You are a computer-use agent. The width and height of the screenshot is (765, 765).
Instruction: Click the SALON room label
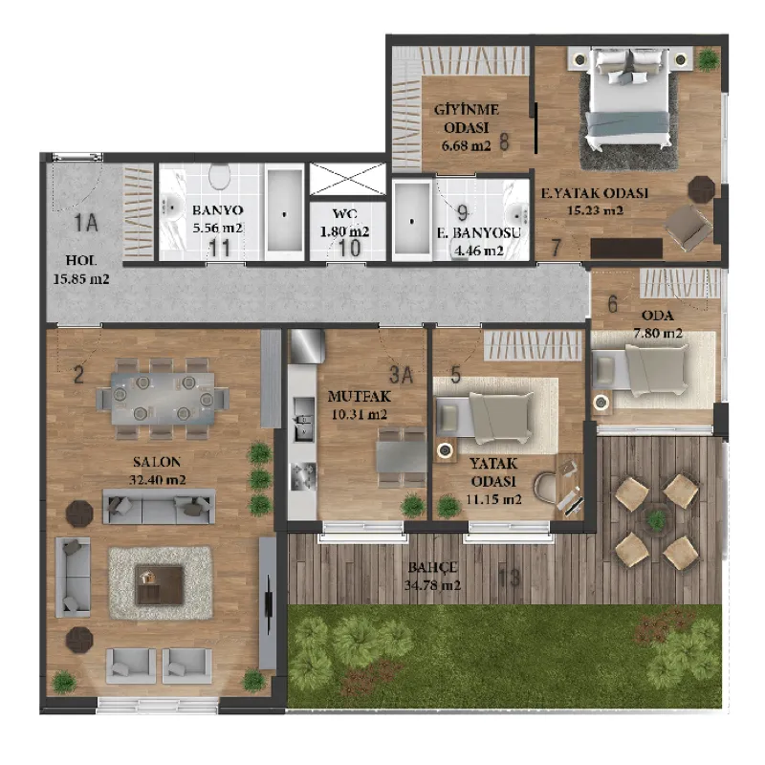(157, 462)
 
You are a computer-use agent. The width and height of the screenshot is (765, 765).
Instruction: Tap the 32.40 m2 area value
(157, 480)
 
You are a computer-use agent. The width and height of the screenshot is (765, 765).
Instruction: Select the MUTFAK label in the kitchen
(360, 396)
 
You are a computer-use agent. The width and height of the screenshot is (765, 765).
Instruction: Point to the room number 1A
(86, 224)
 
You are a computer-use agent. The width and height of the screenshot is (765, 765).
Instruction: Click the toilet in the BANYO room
(219, 176)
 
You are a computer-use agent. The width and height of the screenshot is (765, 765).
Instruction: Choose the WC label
(345, 213)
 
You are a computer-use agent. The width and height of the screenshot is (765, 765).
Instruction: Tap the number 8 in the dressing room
(504, 142)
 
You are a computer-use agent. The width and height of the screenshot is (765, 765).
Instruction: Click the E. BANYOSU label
(479, 233)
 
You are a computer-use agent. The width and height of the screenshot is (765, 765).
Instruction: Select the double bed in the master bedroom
(629, 99)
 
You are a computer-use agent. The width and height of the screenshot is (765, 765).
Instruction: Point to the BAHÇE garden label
(433, 567)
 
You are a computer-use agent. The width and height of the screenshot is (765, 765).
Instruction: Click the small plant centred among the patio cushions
(656, 518)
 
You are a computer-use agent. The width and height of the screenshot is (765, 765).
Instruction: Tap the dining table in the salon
(163, 399)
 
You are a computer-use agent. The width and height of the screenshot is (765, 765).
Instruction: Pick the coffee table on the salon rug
(159, 584)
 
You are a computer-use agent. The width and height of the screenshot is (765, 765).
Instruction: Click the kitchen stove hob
(303, 476)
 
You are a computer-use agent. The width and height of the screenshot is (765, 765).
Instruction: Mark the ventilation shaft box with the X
(347, 179)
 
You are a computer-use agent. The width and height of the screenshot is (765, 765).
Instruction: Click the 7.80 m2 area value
(658, 333)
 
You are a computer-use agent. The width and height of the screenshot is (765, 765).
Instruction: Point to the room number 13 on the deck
(510, 579)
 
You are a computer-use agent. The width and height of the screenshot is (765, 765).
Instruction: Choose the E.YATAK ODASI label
(595, 193)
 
